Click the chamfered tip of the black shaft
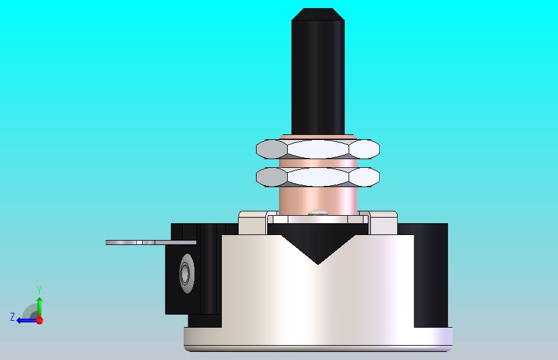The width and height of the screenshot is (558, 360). [318, 14]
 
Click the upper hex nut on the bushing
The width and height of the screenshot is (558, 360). [318, 149]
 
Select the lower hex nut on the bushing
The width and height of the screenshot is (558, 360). [318, 177]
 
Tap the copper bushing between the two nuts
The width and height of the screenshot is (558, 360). [318, 163]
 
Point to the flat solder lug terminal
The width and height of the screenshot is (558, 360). [151, 242]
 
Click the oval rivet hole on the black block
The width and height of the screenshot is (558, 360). [187, 273]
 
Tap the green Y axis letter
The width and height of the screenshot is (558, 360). [39, 290]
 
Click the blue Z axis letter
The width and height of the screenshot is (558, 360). [12, 317]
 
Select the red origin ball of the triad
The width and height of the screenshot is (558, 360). [40, 320]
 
